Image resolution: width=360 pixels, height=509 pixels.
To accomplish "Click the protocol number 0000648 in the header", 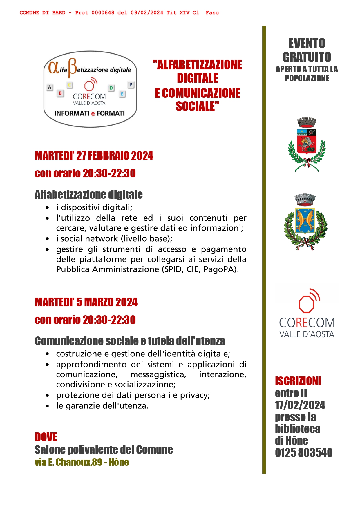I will tap(103, 13).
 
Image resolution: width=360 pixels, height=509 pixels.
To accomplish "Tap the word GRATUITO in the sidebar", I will tap(307, 57).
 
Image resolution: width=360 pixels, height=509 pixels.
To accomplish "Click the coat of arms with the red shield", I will tap(307, 142).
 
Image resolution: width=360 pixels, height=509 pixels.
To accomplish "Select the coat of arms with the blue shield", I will tap(305, 222).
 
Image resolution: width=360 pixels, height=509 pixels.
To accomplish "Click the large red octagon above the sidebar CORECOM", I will tap(306, 304).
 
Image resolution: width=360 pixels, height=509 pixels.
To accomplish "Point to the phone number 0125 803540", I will tap(303, 453).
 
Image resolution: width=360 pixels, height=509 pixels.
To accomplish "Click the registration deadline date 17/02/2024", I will tap(300, 405).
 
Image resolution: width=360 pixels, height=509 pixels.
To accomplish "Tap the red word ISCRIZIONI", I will tap(298, 381).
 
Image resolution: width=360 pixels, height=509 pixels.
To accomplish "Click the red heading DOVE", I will tap(46, 437).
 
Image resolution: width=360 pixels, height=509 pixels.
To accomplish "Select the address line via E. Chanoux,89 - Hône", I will tap(82, 462).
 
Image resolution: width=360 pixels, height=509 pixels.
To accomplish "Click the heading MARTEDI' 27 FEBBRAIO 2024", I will tap(94, 156).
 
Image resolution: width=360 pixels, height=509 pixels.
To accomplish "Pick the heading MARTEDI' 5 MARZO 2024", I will tap(86, 302).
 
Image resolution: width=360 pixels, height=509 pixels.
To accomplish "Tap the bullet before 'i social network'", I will tap(47, 239).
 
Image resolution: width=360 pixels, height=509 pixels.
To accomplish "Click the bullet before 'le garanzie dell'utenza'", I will tap(47, 406).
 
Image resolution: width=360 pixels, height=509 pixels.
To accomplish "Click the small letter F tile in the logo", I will tap(131, 85).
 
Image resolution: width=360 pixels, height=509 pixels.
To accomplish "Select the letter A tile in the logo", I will tap(50, 87).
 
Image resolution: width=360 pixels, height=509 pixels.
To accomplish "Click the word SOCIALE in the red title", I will tap(197, 106).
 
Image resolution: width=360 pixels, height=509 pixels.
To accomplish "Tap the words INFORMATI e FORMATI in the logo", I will tap(89, 113).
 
